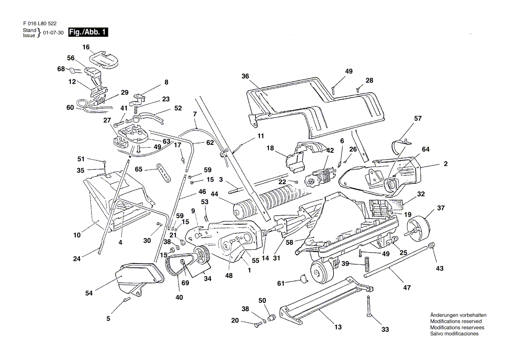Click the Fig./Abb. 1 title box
89,32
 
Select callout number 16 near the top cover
86,47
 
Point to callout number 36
245,76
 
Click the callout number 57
418,119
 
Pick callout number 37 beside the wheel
441,208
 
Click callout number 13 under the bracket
338,327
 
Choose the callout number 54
89,293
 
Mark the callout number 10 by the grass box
77,235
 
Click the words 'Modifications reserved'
456,321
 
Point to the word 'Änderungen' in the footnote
444,315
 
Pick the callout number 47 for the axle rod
407,288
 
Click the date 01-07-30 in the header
53,33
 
